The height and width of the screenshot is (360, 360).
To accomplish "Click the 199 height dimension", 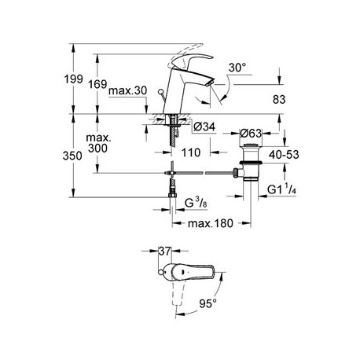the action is [74, 79].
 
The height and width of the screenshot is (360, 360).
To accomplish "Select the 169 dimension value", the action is [97, 84].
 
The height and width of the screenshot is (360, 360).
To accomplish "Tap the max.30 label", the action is [128, 90].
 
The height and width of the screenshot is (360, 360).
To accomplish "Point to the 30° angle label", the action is [237, 68].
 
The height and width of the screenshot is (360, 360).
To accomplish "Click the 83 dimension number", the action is [279, 100].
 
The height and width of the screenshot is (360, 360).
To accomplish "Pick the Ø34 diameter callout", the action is [204, 127].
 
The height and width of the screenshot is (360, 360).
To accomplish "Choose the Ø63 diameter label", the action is [251, 134].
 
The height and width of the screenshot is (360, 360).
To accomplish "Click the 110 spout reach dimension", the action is [191, 152].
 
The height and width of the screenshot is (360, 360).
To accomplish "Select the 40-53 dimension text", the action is [284, 155].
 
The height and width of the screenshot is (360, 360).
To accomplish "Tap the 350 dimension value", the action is [72, 156].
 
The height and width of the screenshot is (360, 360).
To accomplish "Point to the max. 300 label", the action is [98, 143].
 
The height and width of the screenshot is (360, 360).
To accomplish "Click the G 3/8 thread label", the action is [196, 203].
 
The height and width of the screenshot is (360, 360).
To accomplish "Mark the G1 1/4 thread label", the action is [282, 189].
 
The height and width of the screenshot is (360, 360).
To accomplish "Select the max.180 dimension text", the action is [211, 223].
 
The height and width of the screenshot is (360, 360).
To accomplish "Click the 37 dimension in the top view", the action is [165, 252].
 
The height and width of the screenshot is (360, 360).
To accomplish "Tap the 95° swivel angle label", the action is [208, 303].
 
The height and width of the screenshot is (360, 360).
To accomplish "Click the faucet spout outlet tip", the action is [210, 83].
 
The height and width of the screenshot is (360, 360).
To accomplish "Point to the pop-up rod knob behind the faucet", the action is [160, 92].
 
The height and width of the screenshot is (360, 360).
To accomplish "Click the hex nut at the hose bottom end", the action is [172, 195].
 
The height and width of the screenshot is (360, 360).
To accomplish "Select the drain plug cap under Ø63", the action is [251, 145].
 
